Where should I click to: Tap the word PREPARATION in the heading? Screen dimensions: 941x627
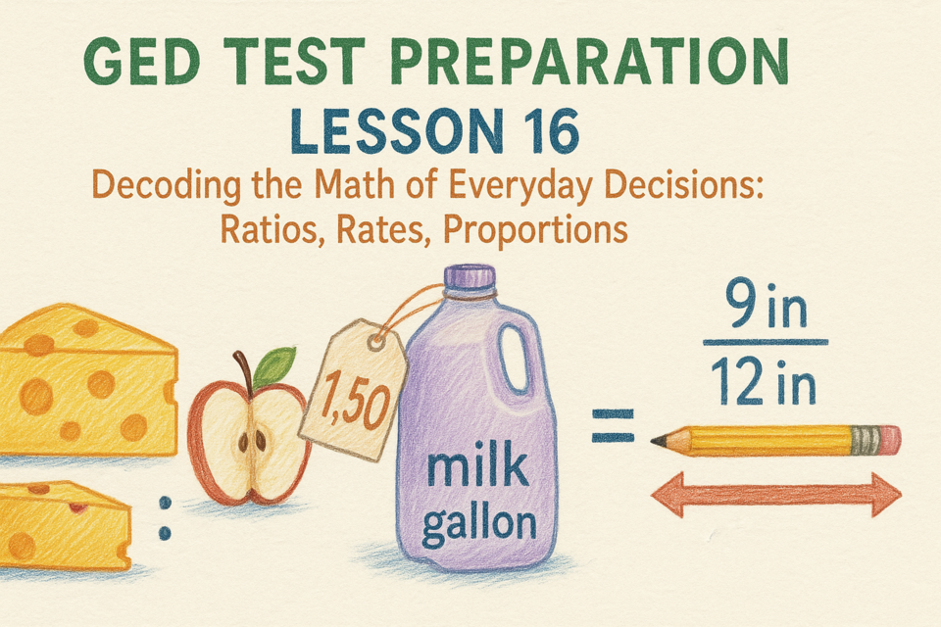click(589, 61)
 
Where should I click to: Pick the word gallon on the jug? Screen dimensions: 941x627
click(479, 525)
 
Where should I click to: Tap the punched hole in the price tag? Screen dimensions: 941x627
click(376, 343)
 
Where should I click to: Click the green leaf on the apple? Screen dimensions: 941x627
click(273, 366)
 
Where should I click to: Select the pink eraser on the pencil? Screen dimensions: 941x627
click(891, 440)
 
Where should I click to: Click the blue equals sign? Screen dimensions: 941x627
click(613, 426)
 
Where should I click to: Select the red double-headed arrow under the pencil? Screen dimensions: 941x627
click(776, 495)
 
